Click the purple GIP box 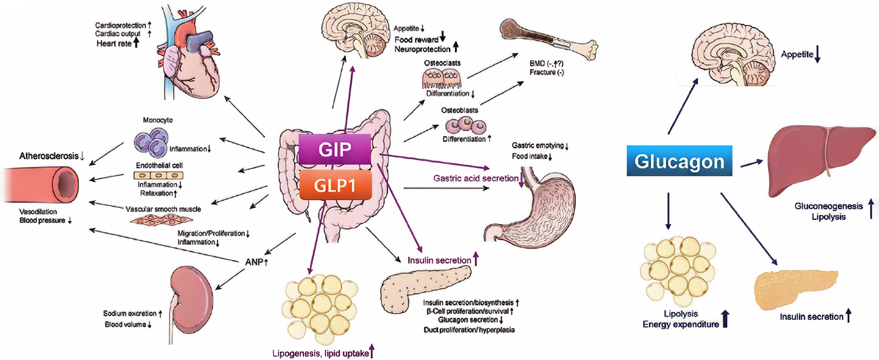tap(334, 149)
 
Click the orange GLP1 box tap(335, 185)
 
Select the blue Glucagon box tap(679, 161)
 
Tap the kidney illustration tap(191, 292)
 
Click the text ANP tap(254, 262)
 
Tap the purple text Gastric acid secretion tap(476, 178)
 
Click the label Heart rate tap(114, 43)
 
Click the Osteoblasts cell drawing tap(465, 126)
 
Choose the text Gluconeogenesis tap(828, 206)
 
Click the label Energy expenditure tap(680, 324)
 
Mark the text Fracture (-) tap(546, 72)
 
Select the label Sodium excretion tap(129, 314)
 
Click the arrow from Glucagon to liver tap(752, 163)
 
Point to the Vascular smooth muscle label tap(163, 209)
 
